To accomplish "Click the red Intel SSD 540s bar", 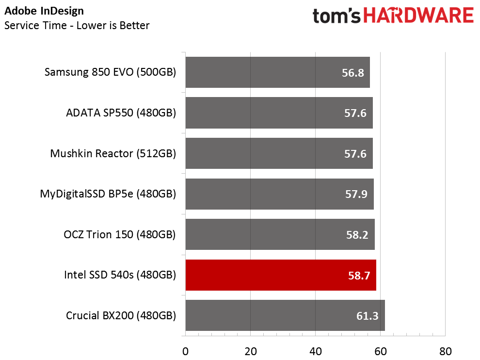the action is tap(281, 275).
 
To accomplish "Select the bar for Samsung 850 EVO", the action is tap(278, 72).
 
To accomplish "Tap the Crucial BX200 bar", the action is tap(285, 315).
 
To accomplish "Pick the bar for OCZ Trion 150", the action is tap(280, 234).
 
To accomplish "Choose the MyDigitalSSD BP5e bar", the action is tap(279, 194).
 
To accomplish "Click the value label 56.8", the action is tap(353, 73).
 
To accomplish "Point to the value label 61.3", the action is tap(368, 316).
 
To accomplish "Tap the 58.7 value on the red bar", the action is tap(359, 276).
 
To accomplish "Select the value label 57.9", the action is tap(356, 194).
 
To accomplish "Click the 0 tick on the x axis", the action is tap(185, 351).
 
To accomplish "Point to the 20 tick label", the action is tap(251, 351).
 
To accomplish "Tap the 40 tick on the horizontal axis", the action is tap(316, 351).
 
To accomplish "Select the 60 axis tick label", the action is tap(381, 351).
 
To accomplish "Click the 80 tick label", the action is tap(446, 351).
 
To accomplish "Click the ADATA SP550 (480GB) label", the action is tap(121, 113).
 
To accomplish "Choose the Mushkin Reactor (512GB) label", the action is tap(113, 153).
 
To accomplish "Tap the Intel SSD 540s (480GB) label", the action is tap(120, 275).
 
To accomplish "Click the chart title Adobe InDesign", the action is tap(44, 11).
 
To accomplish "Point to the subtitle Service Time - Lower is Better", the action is tap(77, 25).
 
